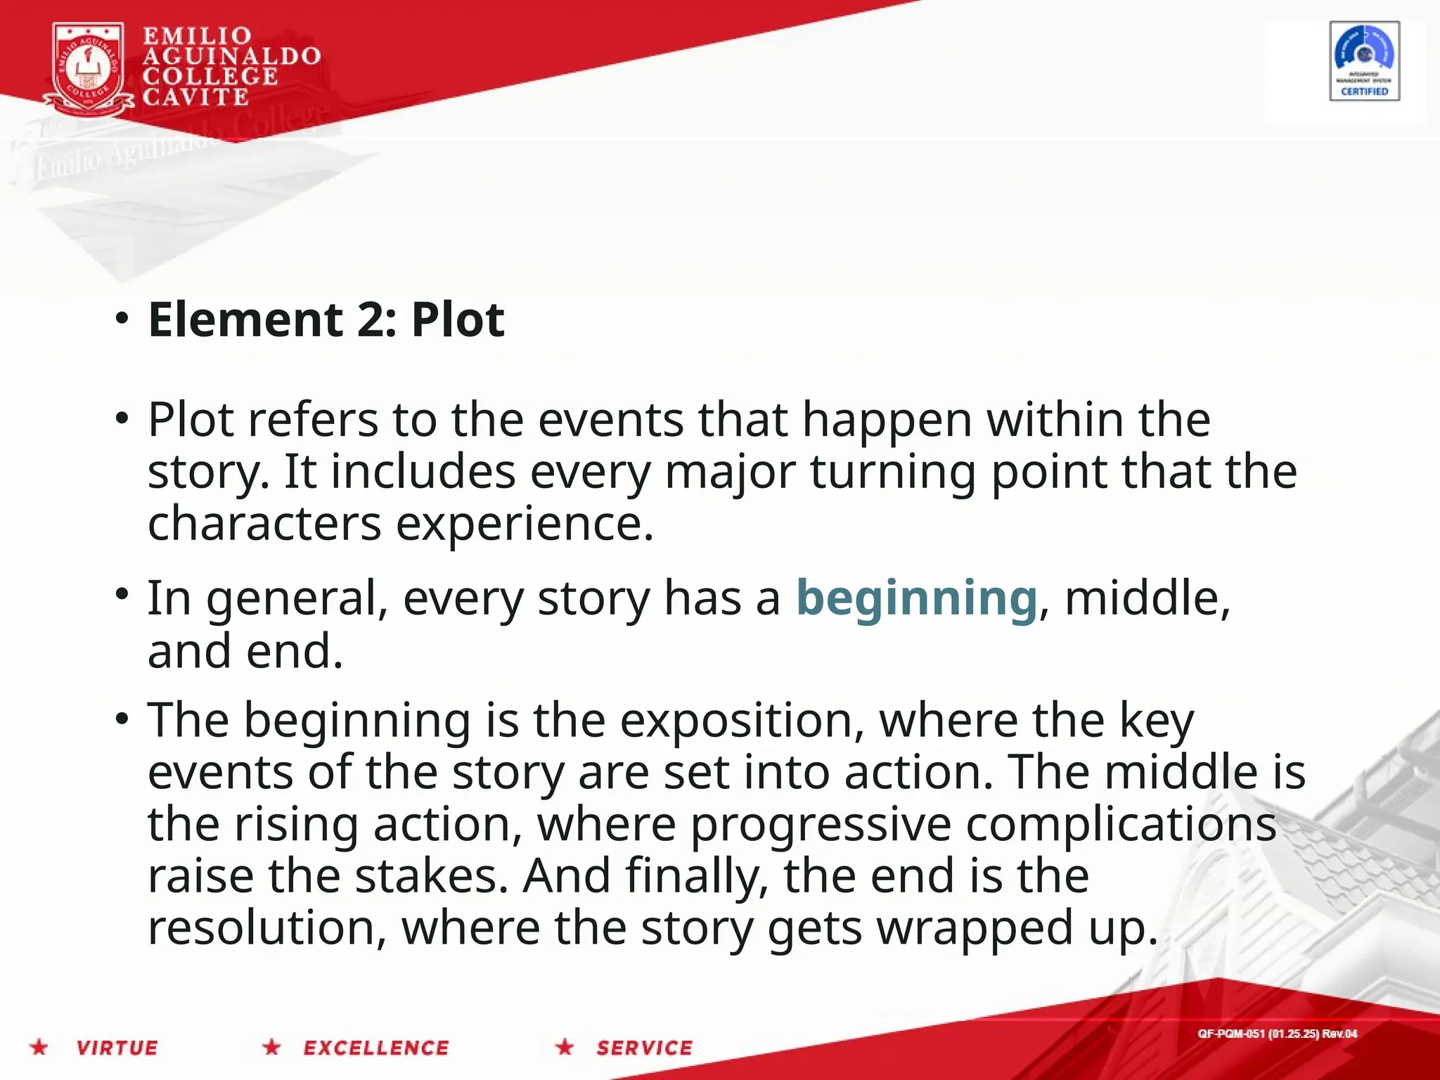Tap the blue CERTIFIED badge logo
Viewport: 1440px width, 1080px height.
pyautogui.click(x=1364, y=61)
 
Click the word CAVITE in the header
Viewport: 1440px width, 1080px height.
pyautogui.click(x=195, y=97)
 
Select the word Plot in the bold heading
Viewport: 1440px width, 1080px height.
pyautogui.click(x=458, y=320)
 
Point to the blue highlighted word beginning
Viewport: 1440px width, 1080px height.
pyautogui.click(x=916, y=598)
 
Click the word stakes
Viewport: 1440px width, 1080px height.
pyautogui.click(x=431, y=876)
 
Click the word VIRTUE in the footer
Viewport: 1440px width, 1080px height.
pyautogui.click(x=117, y=1048)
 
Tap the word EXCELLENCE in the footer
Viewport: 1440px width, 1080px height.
pyautogui.click(x=376, y=1048)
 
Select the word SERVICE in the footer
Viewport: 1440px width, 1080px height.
pyautogui.click(x=645, y=1048)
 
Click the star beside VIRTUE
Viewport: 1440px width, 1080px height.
pyautogui.click(x=39, y=1047)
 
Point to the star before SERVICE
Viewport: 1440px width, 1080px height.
pyautogui.click(x=565, y=1047)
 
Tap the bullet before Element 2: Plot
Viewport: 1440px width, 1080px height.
pyautogui.click(x=122, y=319)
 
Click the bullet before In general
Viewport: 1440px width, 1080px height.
pyautogui.click(x=122, y=593)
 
